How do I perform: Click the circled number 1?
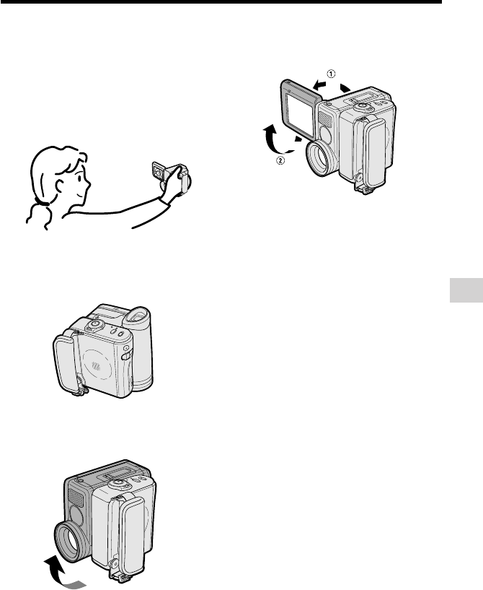(x=331, y=74)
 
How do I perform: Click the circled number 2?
(x=281, y=160)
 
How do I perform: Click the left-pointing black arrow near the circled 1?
(x=320, y=84)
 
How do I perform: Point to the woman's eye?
(x=80, y=178)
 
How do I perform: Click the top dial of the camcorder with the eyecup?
(x=94, y=325)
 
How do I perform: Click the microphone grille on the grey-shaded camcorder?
(x=75, y=499)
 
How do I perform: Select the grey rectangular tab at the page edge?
(x=466, y=290)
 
